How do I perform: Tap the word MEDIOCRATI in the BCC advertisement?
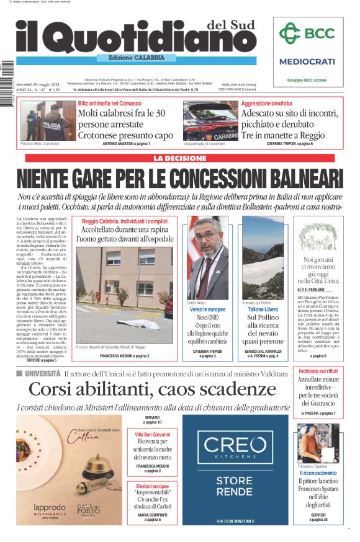307,61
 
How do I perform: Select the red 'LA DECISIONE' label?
179,158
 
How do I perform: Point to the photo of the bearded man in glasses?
207,257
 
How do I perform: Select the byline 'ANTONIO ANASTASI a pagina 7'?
126,144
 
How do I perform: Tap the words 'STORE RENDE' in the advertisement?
235,486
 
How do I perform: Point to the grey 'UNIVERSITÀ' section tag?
42,373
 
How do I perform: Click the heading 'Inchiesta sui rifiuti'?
317,371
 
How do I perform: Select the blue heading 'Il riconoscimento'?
318,473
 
